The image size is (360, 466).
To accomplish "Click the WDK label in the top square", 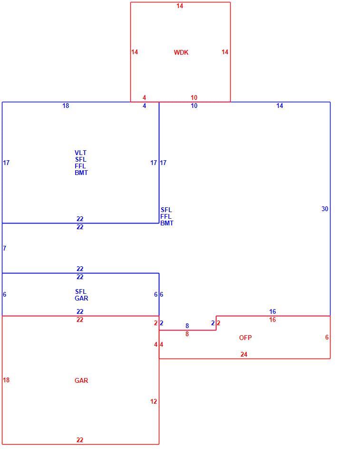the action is coord(181,52).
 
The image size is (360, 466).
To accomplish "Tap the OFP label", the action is coord(245,338).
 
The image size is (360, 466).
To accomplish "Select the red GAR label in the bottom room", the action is coord(81,380).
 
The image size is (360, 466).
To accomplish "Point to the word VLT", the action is coord(80,153).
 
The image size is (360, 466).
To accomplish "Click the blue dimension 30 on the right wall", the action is coord(325,209).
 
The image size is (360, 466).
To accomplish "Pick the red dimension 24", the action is coord(244,354).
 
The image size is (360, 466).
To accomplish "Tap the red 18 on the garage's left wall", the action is coord(6,380).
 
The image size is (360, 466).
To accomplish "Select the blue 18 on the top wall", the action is coord(66,106).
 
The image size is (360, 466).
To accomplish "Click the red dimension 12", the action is coord(154,401).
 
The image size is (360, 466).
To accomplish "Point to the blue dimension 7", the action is coord(4,248).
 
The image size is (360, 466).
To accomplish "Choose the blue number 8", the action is coord(187,326).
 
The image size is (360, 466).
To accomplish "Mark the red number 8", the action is coord(187,334).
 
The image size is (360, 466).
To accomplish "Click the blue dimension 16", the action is coord(272,311).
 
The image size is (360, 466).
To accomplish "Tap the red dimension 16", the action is coord(272,320).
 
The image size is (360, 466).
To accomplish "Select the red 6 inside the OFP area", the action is coord(327,337).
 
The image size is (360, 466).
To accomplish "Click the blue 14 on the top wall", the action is coord(280,106).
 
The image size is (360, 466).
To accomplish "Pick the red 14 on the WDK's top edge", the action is coord(180,6).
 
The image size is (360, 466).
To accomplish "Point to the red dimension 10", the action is coord(194,97).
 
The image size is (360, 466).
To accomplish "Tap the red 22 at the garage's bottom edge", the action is coord(80,440).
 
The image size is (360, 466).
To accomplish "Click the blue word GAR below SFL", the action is coord(81,299).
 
